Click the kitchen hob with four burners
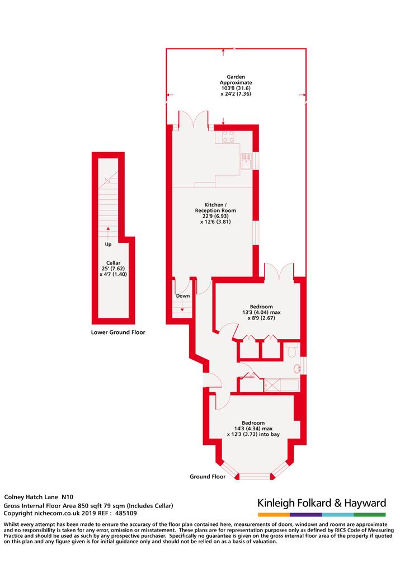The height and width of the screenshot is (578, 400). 229,137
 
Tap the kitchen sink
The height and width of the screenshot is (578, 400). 246,162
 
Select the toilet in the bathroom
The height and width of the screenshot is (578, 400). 291,351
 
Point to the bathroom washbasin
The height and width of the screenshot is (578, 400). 297,368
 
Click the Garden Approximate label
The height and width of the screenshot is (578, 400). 236,79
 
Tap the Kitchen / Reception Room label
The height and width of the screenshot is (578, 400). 216,208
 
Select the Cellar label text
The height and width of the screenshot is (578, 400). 113,263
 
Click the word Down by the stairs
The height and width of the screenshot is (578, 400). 183,295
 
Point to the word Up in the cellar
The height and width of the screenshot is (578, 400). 108,244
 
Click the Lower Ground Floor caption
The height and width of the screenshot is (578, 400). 118,332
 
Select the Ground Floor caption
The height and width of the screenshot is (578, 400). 208,477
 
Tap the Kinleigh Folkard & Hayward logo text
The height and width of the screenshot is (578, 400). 322,503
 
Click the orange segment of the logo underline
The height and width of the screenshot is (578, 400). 274,514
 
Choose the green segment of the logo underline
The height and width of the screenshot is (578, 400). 370,514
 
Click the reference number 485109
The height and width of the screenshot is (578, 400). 126,513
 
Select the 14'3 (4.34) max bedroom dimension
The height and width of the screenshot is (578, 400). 253,429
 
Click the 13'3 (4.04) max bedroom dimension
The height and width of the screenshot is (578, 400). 261,312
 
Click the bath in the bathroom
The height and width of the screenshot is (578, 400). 281,386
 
